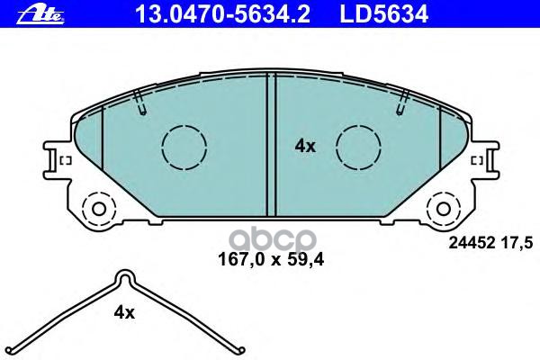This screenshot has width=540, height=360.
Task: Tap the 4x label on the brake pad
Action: [x=306, y=146]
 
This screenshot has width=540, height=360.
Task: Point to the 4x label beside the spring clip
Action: [x=123, y=312]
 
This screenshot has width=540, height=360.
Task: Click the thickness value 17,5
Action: [x=519, y=240]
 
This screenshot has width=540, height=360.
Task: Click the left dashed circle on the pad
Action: [x=184, y=145]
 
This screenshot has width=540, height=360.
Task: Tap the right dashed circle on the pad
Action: [x=357, y=145]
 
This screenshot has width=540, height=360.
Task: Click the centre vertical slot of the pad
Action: [x=269, y=144]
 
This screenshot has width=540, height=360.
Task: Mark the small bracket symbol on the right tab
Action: [x=476, y=160]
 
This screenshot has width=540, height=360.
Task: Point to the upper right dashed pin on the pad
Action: [x=400, y=103]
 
